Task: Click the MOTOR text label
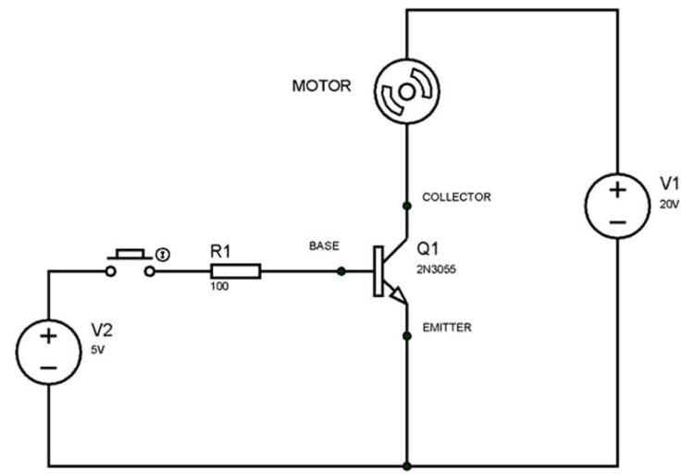(321, 86)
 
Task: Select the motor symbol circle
(406, 92)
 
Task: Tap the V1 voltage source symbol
(617, 206)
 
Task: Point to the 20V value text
(668, 204)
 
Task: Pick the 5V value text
(98, 351)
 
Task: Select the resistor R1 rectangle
(236, 271)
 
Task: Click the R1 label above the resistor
(222, 250)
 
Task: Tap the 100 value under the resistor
(221, 288)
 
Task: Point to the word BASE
(324, 246)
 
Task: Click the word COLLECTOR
(456, 197)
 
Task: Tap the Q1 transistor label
(428, 249)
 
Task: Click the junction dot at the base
(342, 271)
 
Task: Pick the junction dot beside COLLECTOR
(406, 205)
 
